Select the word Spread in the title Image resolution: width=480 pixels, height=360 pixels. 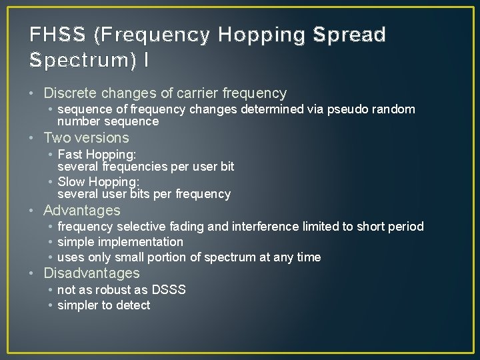[x=352, y=35]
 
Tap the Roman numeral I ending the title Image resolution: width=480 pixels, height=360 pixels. [x=146, y=60]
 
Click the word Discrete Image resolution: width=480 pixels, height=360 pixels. [x=71, y=93]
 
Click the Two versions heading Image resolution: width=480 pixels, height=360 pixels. [x=86, y=138]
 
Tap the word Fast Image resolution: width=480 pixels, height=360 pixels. [x=70, y=154]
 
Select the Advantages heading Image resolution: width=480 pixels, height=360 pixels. [x=81, y=211]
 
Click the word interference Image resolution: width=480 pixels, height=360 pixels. [x=263, y=227]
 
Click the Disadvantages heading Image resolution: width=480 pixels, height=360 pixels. [x=91, y=273]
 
